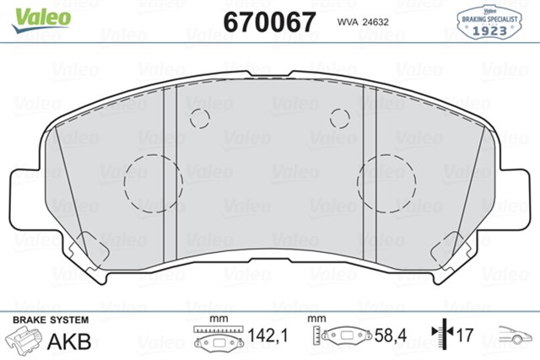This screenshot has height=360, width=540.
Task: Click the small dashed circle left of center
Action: pos(200,118)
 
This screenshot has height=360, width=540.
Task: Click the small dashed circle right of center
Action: pos(339,118)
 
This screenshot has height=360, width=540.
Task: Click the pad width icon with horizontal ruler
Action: pos(218,336)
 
